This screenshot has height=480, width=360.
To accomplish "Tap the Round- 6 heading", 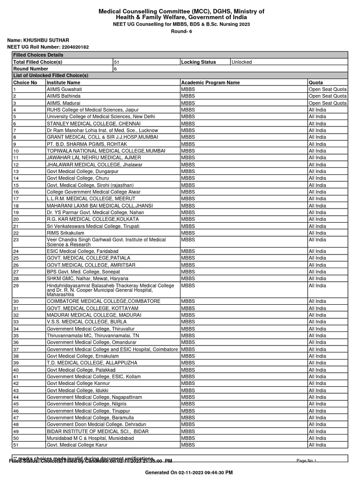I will [180, 31].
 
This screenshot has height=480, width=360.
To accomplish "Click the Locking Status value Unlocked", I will [241, 62].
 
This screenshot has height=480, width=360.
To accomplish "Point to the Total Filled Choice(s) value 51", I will [117, 62].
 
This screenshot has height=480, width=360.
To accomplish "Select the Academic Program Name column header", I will [210, 82].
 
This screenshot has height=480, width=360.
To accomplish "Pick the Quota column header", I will [316, 82].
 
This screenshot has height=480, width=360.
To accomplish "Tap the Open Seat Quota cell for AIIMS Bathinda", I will [328, 96].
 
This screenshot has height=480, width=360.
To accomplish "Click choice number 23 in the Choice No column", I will [16, 240].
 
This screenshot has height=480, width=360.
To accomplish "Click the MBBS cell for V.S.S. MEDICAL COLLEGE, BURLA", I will [187, 322].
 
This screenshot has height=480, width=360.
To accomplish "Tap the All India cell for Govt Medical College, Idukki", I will [317, 390].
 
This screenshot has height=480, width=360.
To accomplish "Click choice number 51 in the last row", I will [16, 445].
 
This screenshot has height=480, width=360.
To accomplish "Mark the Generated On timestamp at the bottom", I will [189, 472].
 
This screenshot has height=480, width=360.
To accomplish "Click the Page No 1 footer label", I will [307, 461].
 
